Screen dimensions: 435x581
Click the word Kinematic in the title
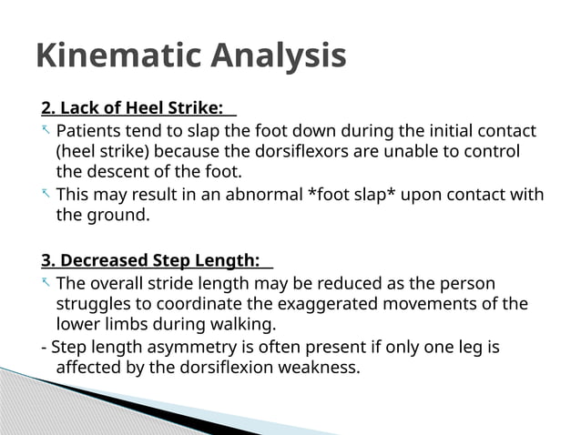tap(119, 56)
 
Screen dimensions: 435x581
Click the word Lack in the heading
tap(79, 109)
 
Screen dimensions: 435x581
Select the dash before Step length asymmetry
tap(44, 348)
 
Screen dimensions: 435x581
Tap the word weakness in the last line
tap(323, 368)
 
